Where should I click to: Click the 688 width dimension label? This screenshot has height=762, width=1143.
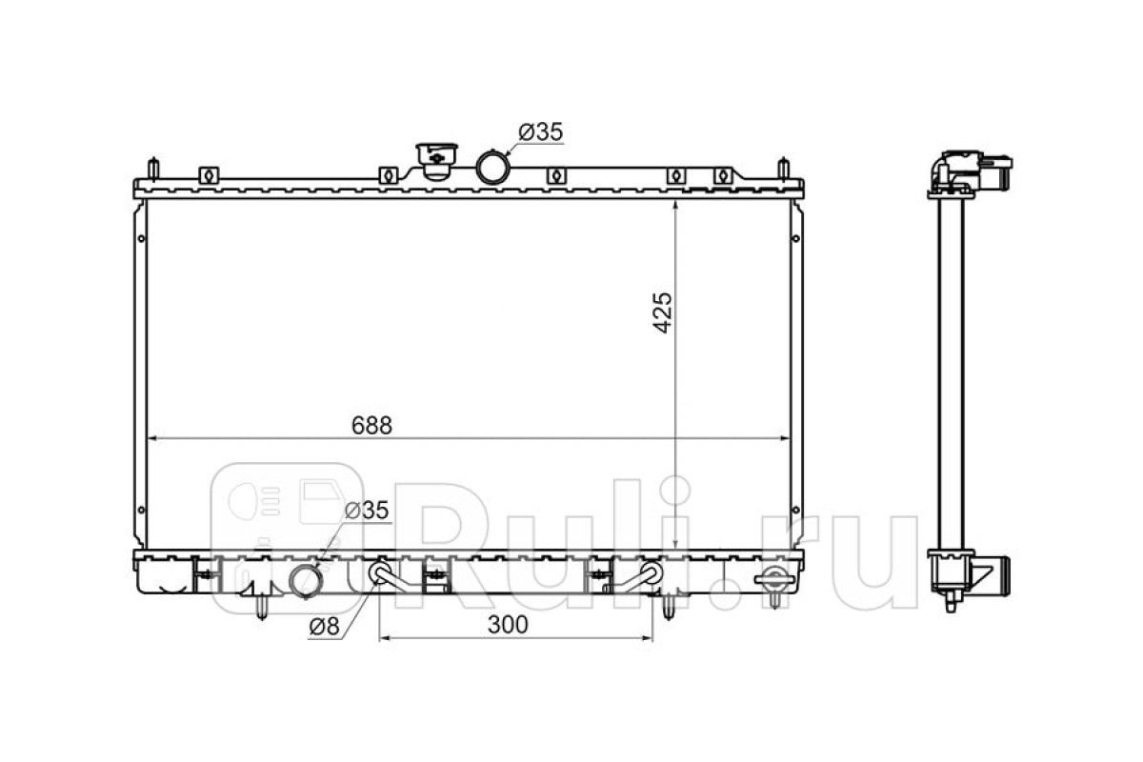pyautogui.click(x=371, y=425)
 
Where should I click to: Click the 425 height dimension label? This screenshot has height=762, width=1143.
pyautogui.click(x=663, y=312)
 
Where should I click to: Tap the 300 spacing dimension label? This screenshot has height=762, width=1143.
pyautogui.click(x=508, y=625)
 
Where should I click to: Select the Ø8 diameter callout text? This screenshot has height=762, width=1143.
pyautogui.click(x=325, y=627)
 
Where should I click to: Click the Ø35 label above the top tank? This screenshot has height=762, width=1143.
pyautogui.click(x=541, y=132)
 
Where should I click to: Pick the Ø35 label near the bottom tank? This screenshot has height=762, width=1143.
pyautogui.click(x=367, y=510)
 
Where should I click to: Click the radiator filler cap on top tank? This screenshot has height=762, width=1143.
pyautogui.click(x=436, y=160)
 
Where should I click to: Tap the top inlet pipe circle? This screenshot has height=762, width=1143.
pyautogui.click(x=492, y=166)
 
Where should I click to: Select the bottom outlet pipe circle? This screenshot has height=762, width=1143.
pyautogui.click(x=306, y=581)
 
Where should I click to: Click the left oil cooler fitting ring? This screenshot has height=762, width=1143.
pyautogui.click(x=380, y=572)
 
